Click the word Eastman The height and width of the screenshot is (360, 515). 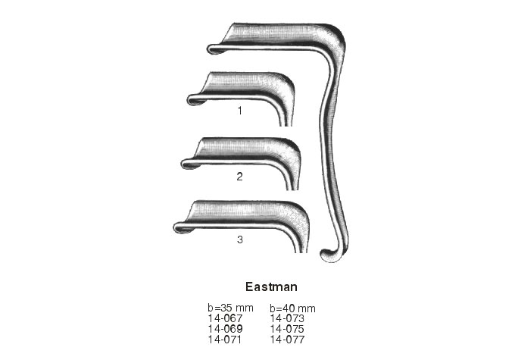(271, 286)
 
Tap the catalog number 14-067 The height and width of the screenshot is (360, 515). (225, 318)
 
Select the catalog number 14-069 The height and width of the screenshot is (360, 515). (225, 329)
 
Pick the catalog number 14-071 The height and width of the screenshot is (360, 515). (224, 340)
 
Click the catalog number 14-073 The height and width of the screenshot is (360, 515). (287, 318)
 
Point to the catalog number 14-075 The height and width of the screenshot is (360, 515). (287, 329)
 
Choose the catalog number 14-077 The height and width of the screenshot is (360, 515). (287, 340)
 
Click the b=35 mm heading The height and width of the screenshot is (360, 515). (230, 308)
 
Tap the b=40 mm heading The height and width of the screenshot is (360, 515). (292, 308)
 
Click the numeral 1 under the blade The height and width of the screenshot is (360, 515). (240, 111)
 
